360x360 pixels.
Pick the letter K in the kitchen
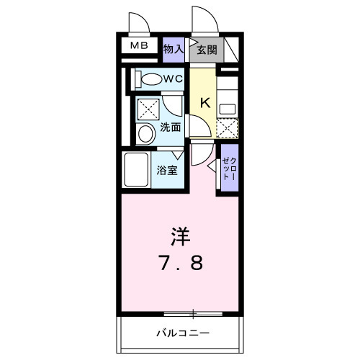pos(204,103)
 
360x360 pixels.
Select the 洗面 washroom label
pos(170,127)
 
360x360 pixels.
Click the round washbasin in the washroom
pos(145,133)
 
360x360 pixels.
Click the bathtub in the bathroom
pos(136,170)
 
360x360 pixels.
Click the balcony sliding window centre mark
pos(193,313)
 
